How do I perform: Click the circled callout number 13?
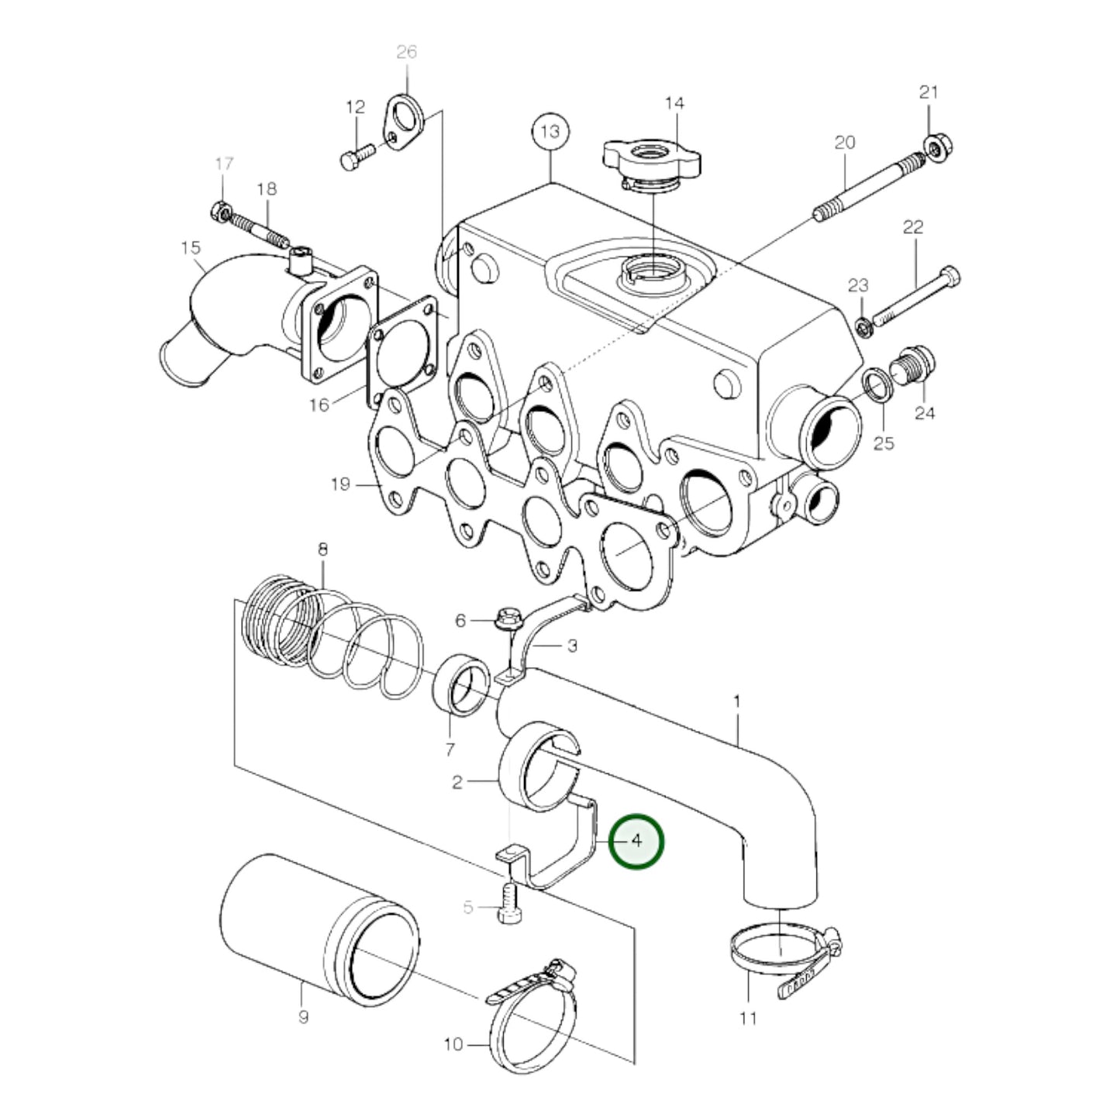550,132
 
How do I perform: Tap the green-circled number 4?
636,841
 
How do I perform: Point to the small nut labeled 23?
865,326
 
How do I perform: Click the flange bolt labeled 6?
509,619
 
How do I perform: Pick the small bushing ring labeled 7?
463,683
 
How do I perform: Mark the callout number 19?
339,484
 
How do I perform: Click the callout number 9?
303,1016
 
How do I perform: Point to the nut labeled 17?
220,209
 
